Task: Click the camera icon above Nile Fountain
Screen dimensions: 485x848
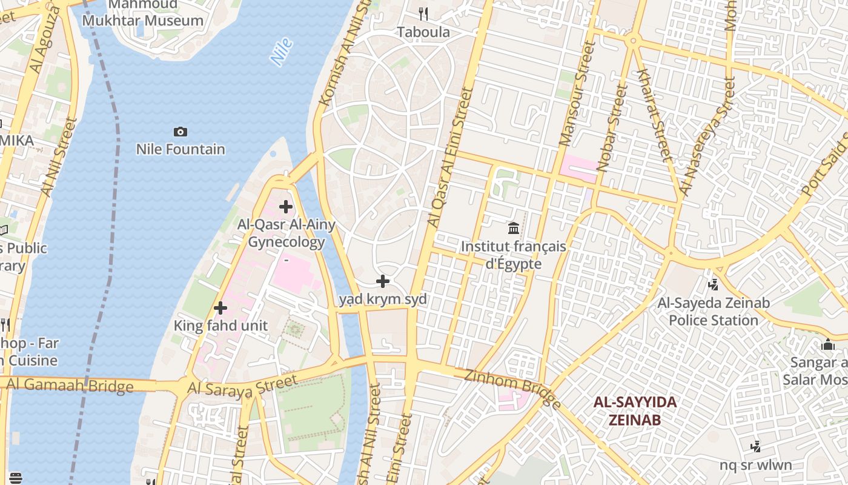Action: pos(180,132)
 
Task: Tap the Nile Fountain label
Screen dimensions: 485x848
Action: pos(180,149)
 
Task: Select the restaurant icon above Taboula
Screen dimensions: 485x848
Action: pos(423,13)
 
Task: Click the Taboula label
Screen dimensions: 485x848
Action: pos(423,32)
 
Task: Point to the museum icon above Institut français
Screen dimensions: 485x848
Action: pos(514,229)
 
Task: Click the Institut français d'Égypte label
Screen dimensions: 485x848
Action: pos(513,255)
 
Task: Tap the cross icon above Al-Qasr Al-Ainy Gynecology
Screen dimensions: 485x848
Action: pos(285,207)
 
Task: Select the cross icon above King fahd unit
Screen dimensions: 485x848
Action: pos(220,308)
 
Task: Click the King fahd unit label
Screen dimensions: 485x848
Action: pos(220,326)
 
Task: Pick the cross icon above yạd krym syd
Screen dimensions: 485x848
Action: pos(383,281)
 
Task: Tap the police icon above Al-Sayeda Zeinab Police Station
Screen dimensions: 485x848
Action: pos(714,284)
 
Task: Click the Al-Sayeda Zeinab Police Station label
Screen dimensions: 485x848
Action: pos(714,312)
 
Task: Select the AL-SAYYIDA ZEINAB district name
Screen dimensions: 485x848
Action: pos(635,410)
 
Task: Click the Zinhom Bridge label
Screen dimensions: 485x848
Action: pos(512,388)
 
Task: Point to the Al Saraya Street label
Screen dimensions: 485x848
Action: pos(242,386)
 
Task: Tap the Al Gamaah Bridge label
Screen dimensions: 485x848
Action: pos(70,385)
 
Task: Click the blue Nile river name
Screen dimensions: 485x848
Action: pos(282,52)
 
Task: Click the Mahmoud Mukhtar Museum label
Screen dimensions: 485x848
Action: pos(143,13)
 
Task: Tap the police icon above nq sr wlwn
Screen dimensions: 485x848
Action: pos(755,447)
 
